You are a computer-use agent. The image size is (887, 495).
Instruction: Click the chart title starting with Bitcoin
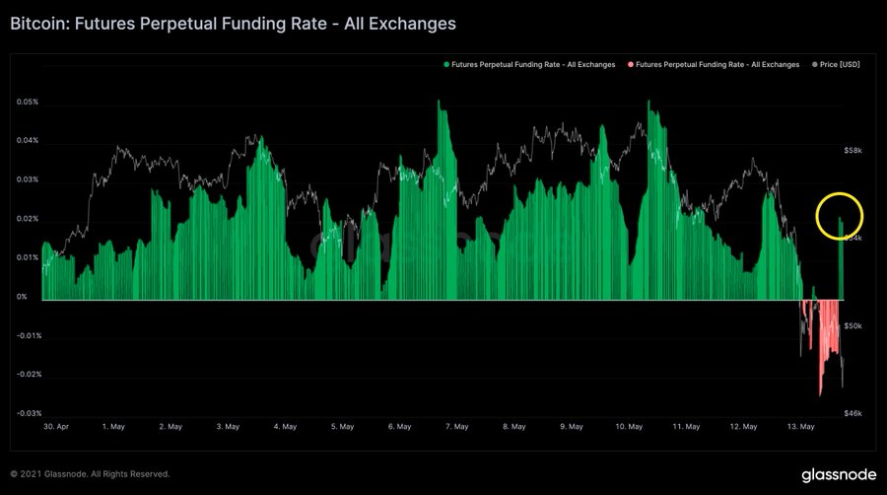click(x=233, y=22)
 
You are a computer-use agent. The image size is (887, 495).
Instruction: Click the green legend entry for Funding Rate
click(x=529, y=64)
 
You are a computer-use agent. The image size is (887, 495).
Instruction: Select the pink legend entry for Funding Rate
click(x=714, y=64)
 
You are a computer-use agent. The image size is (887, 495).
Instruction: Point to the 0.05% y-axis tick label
click(x=28, y=102)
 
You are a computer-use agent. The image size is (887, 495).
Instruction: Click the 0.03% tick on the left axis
click(x=28, y=179)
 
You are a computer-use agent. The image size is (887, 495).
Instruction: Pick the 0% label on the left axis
click(x=22, y=297)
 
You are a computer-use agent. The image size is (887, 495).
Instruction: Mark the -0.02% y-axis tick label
click(x=28, y=375)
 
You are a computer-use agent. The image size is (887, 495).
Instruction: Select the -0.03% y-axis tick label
click(x=28, y=413)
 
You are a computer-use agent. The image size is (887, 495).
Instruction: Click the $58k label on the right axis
click(x=853, y=150)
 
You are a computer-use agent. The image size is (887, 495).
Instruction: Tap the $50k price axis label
click(x=853, y=325)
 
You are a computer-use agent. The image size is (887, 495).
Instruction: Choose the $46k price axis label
click(x=853, y=413)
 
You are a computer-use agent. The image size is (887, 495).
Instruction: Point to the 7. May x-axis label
click(x=456, y=427)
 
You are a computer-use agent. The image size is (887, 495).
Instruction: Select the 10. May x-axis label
click(x=629, y=427)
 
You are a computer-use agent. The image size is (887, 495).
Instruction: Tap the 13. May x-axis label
click(x=801, y=427)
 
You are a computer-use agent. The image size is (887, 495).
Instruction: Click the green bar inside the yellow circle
click(x=841, y=258)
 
